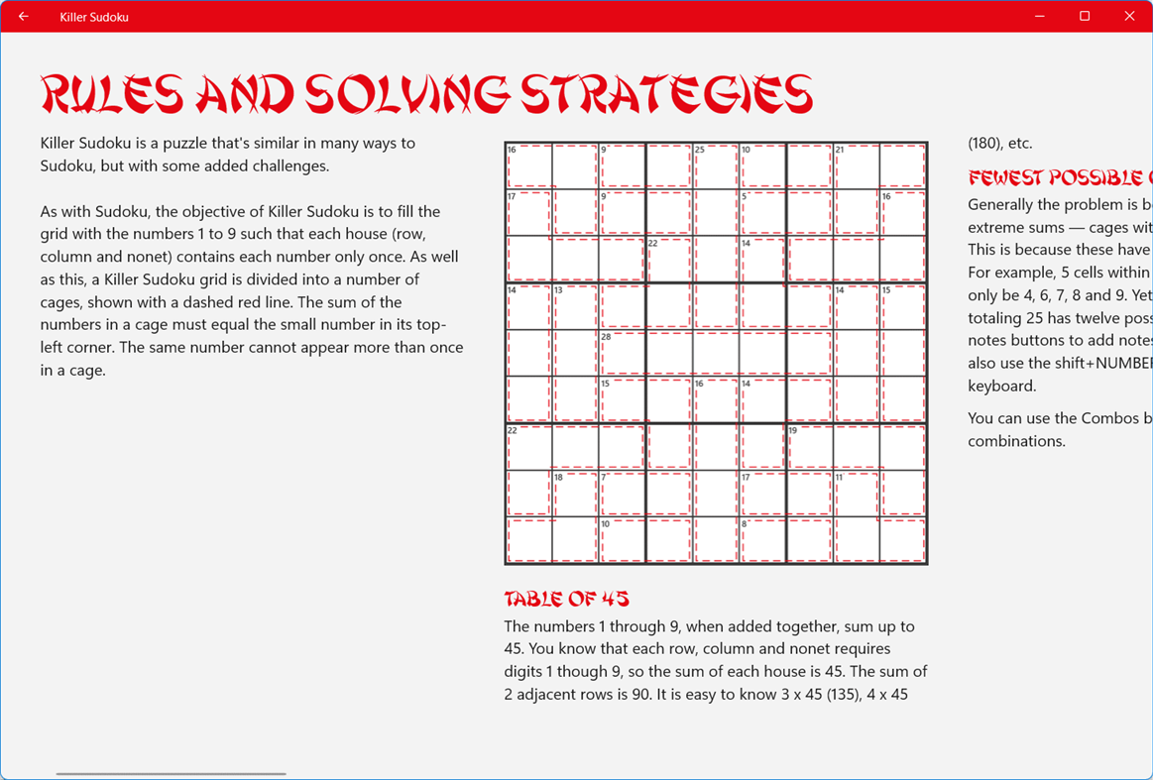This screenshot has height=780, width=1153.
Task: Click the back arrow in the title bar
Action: point(24,17)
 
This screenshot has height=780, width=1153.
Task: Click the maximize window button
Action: point(1085,17)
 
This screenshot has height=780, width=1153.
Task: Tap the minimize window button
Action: point(1040,17)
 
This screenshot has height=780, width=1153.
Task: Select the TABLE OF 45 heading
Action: point(566,599)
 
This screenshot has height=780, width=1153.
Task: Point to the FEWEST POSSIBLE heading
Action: point(1059,178)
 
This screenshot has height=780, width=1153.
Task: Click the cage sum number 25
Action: point(699,151)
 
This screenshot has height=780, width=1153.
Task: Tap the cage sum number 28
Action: point(606,337)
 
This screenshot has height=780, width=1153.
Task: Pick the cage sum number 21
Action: point(840,151)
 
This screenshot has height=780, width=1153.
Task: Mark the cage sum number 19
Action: point(793,431)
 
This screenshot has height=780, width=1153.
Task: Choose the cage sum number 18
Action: point(559,478)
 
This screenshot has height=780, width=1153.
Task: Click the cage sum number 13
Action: point(559,290)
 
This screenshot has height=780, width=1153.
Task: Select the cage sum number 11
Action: point(839,478)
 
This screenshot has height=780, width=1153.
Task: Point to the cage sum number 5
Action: point(745,197)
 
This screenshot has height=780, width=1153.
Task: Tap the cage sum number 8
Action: point(745,524)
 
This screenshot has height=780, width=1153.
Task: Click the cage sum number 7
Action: point(604,478)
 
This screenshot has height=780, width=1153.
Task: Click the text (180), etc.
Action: point(999,144)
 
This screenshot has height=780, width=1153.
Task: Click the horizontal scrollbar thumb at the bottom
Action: point(171,773)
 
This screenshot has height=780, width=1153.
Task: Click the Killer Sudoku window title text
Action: point(94,17)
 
